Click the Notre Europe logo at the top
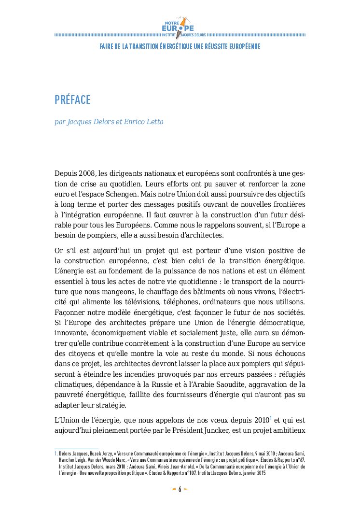[x=179, y=27]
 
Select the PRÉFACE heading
[x=72, y=100]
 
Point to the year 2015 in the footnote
[x=261, y=473]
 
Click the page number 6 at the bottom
[x=180, y=489]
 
